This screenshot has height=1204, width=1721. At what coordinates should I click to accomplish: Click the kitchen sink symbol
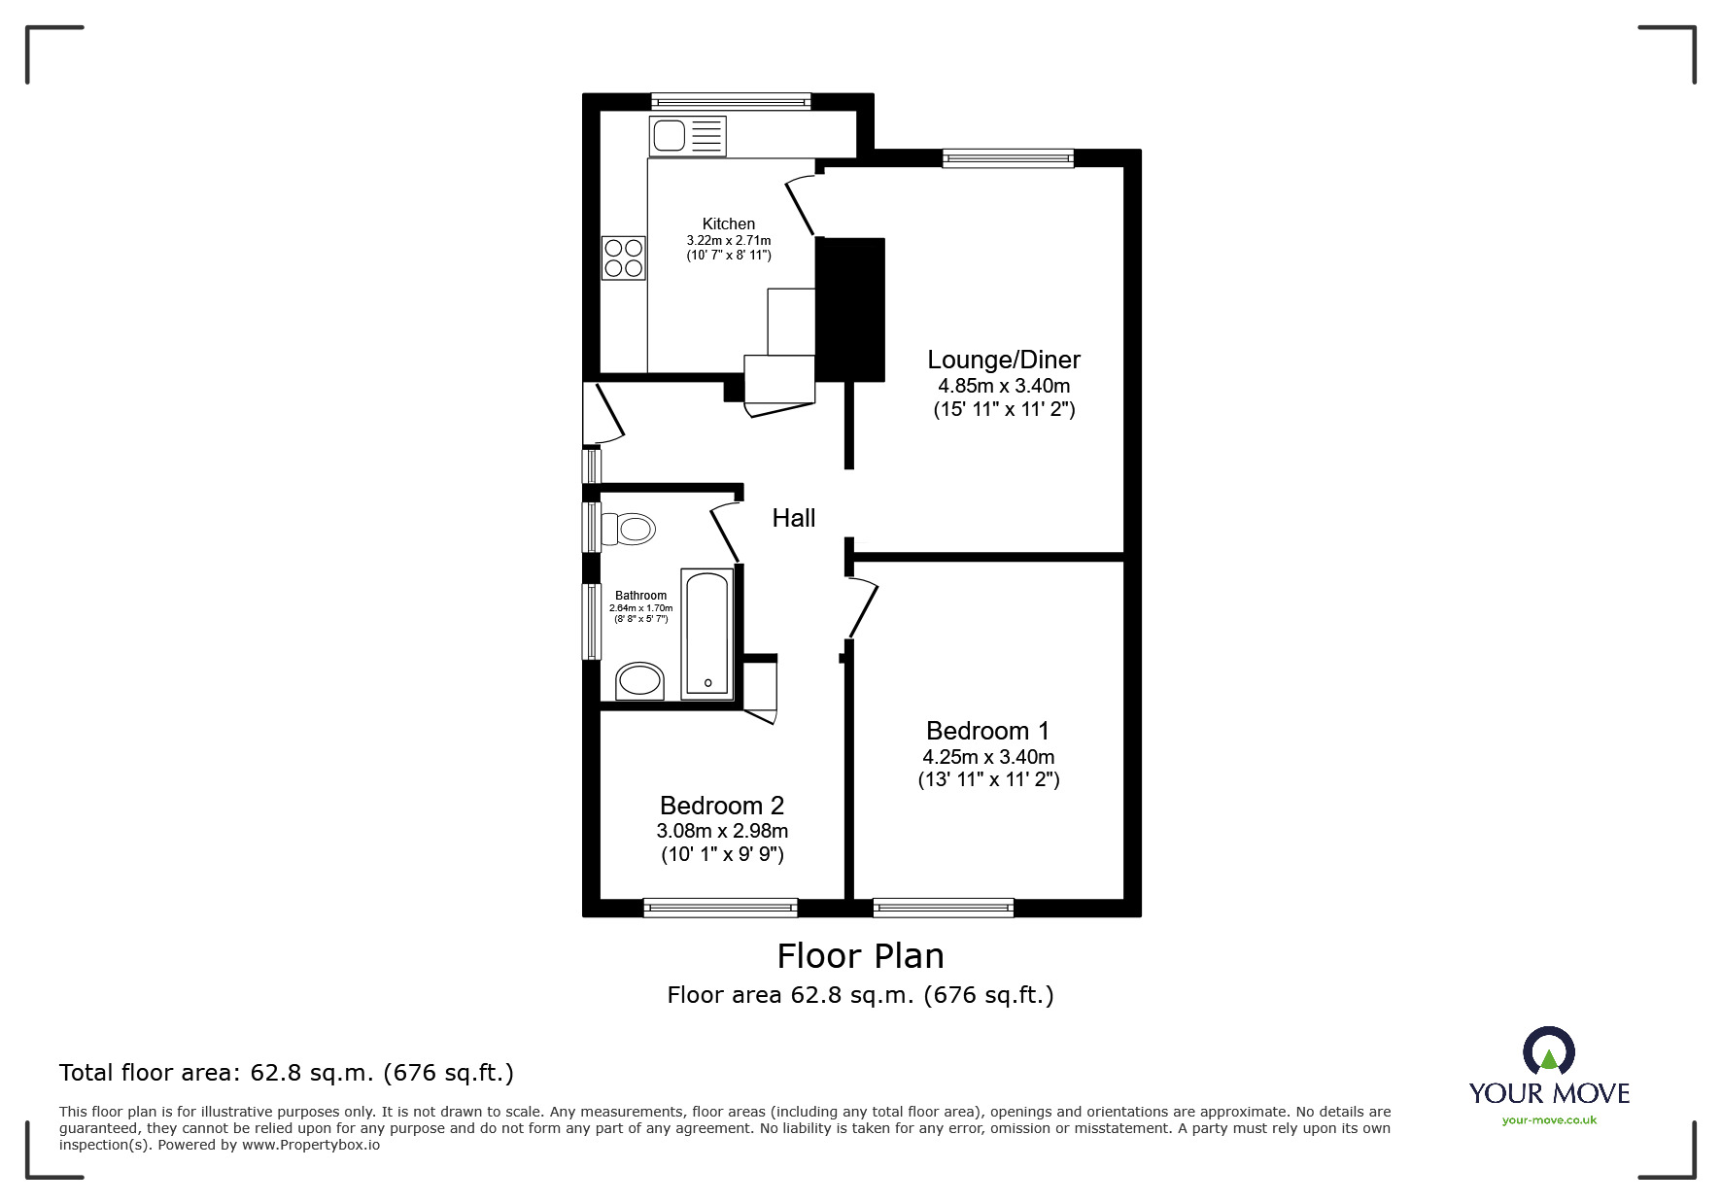[688, 135]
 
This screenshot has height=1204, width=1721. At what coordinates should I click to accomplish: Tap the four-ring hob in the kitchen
[623, 258]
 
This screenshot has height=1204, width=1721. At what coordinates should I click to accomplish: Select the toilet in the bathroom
[628, 530]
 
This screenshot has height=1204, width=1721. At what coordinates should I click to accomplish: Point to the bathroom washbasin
[639, 681]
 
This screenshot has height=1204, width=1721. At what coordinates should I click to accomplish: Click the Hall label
[794, 518]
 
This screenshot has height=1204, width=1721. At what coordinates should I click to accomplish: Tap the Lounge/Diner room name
[1004, 360]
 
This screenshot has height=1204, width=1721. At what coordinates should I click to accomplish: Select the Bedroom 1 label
[988, 731]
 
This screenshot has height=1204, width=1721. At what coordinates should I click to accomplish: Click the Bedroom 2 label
[722, 806]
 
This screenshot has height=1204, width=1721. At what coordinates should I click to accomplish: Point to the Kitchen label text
[729, 224]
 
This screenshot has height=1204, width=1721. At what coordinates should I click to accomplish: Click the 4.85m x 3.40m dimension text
[1004, 386]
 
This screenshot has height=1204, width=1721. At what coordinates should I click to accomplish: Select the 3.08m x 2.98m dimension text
[722, 831]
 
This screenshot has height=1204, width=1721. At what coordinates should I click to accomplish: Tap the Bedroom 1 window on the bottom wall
[944, 908]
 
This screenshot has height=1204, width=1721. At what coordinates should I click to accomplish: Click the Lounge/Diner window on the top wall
[1009, 158]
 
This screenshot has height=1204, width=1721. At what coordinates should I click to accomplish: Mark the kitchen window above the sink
[731, 101]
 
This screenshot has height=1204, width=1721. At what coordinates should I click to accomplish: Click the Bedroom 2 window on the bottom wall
[720, 908]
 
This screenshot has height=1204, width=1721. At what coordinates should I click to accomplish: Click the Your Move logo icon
[1548, 1051]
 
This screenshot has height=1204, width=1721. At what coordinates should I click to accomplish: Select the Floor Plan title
[861, 956]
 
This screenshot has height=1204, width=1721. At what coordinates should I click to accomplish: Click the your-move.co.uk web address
[1549, 1120]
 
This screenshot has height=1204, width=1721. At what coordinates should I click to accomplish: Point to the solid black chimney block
[850, 309]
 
